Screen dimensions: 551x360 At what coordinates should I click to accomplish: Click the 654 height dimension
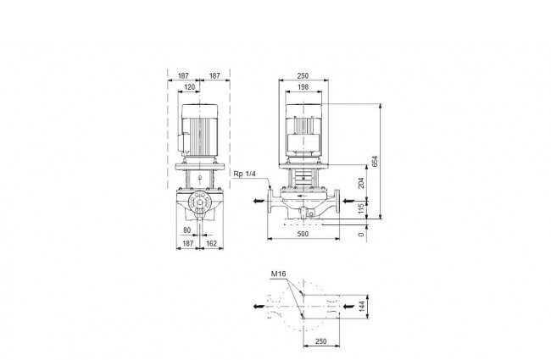click(376, 161)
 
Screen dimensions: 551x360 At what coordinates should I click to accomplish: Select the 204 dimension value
click(361, 183)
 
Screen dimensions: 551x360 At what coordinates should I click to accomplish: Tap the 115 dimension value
click(361, 209)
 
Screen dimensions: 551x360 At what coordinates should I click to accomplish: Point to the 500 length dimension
click(303, 234)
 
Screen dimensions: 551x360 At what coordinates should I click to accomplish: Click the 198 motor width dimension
click(303, 86)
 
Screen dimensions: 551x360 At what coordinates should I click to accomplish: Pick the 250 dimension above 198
click(303, 75)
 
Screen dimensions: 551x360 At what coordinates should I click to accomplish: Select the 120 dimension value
click(189, 86)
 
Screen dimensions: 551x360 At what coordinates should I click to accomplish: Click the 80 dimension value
click(187, 230)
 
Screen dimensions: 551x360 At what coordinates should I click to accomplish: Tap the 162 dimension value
click(211, 243)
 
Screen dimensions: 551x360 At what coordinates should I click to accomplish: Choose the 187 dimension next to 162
click(188, 243)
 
